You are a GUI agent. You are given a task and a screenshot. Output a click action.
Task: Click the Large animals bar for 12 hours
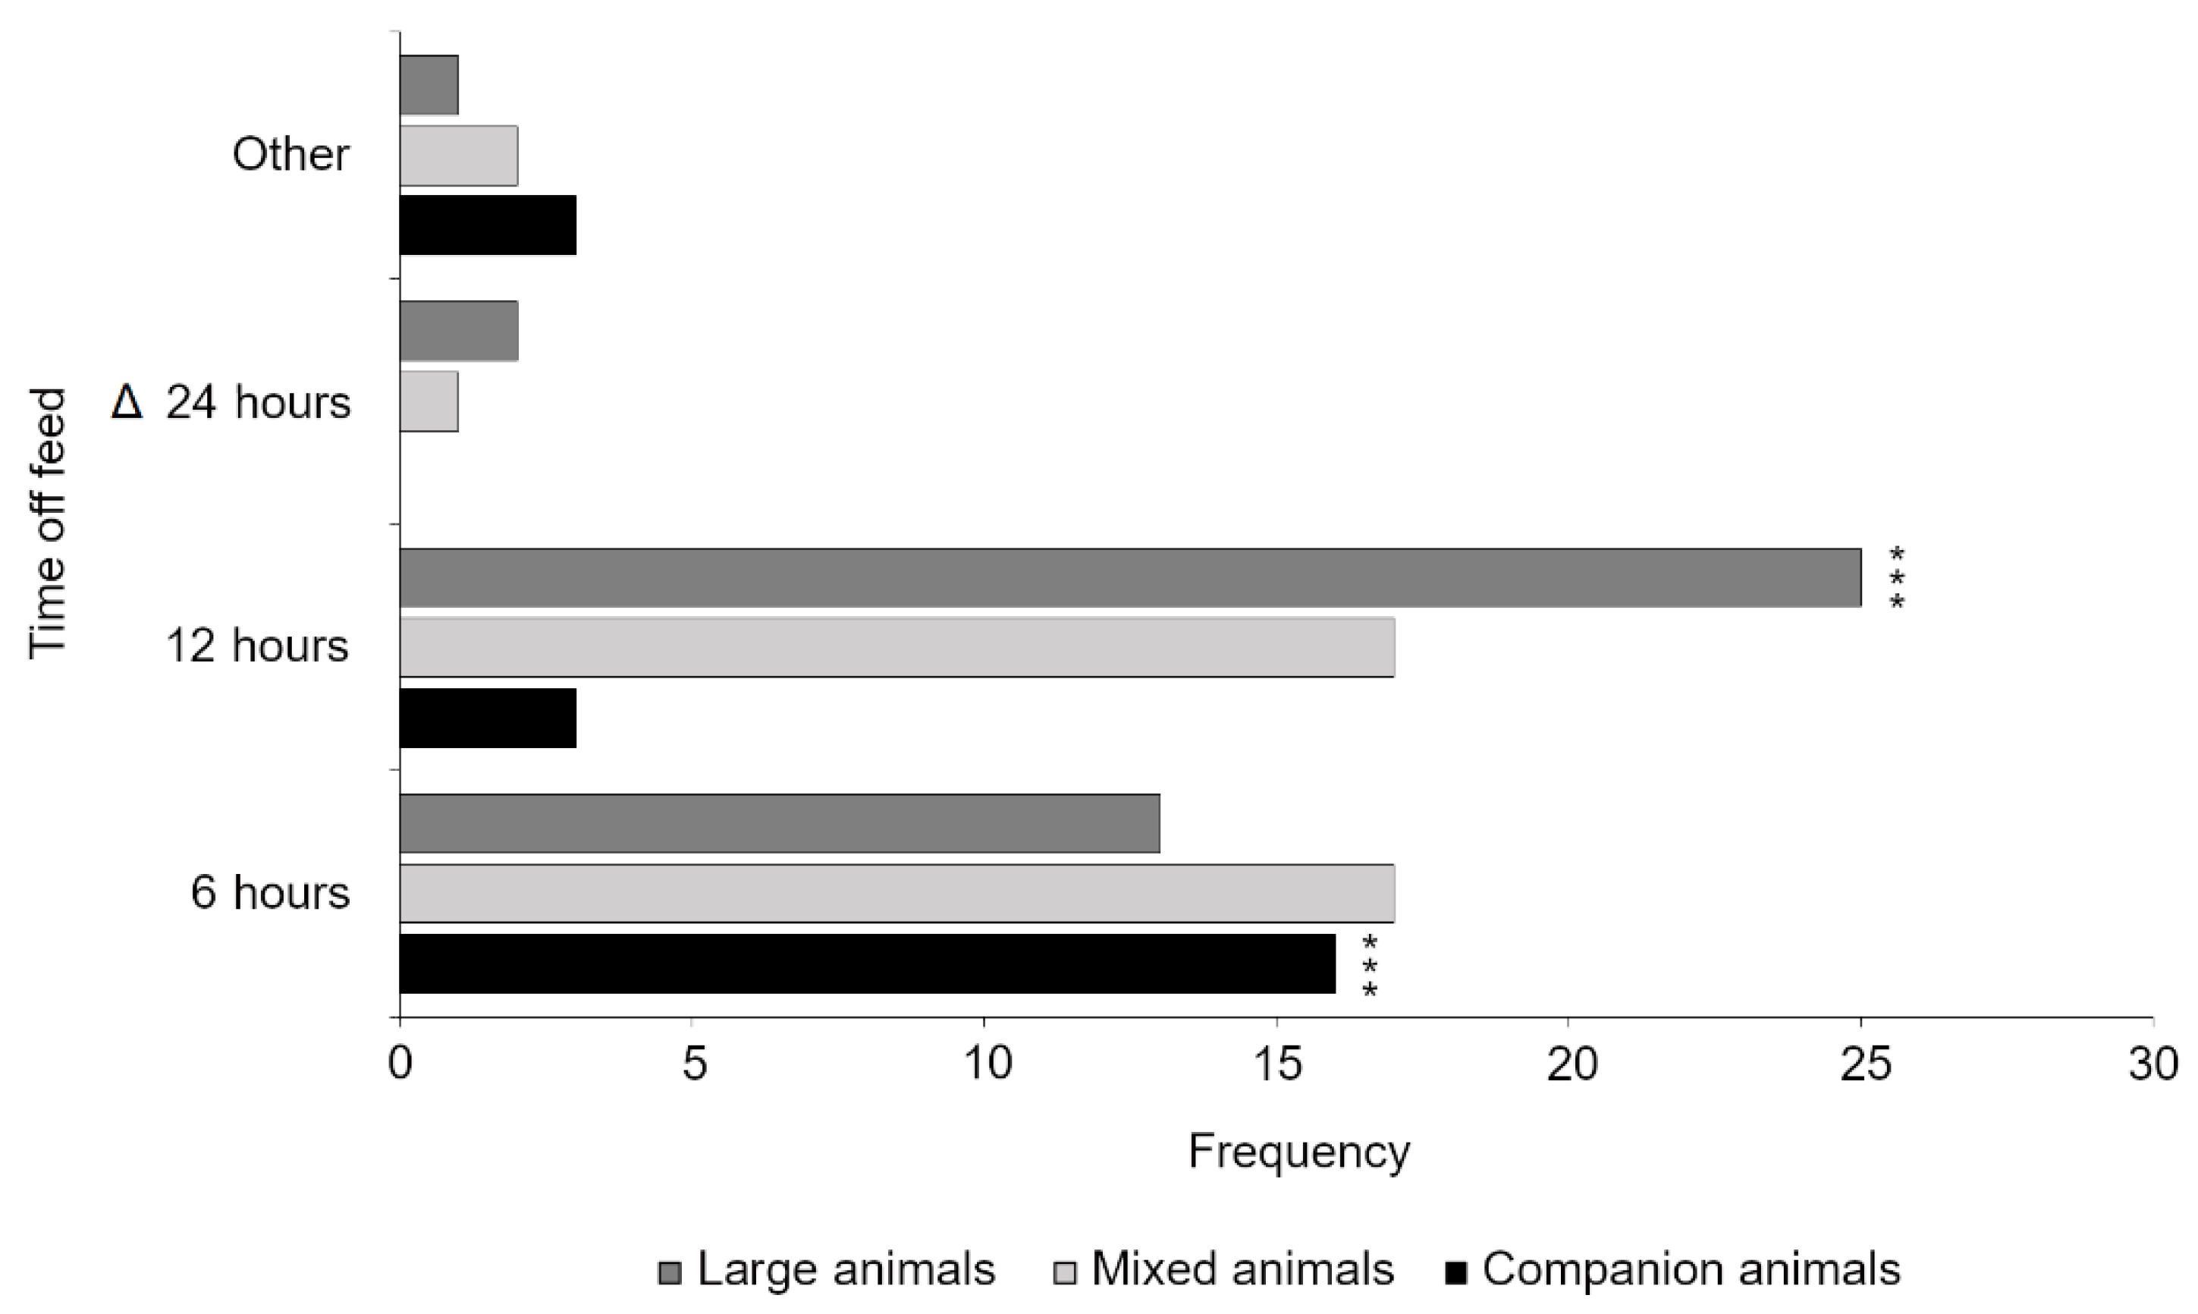coord(1129,577)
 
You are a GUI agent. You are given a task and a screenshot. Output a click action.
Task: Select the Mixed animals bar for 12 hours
coord(896,647)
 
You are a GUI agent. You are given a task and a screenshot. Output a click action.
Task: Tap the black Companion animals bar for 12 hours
coord(488,718)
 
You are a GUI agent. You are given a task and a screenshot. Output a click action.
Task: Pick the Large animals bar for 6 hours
coord(779,823)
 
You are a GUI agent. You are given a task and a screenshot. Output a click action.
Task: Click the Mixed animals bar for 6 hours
coord(896,894)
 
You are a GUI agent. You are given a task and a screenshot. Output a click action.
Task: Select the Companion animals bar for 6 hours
coord(867,963)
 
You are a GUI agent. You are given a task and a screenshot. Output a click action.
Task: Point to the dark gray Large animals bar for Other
coord(429,85)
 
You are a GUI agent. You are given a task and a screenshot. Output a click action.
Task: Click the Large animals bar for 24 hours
coord(459,332)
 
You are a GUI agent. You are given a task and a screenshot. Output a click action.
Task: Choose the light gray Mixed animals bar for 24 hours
coord(429,401)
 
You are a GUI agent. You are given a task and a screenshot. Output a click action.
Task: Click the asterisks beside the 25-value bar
coord(1896,578)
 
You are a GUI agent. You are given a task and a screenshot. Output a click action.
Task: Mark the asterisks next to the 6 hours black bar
coord(1370,965)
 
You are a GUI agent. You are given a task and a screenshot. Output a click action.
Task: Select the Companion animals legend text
coord(1691,1268)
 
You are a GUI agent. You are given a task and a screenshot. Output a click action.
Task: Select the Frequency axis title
coord(1298,1152)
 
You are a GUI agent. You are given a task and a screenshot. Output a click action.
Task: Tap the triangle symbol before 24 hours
coord(126,403)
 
